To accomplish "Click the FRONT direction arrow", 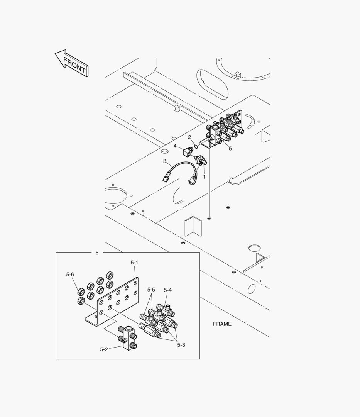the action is pos(71,63).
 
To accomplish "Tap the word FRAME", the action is pos(222,324).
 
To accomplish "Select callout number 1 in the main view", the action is pos(204,177).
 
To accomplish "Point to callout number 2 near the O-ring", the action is pos(189,137).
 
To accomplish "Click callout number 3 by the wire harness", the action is pos(164,161).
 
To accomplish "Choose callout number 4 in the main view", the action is pos(175,146).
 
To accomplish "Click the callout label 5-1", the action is pos(134,263).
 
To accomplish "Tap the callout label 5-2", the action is pos(104,349).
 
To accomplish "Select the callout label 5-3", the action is pos(181,345).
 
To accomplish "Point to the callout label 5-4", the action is pos(167,290).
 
